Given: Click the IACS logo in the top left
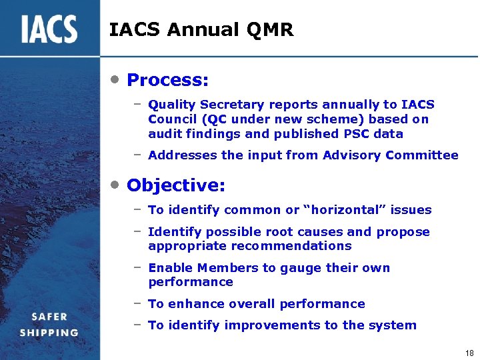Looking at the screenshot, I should point(49,29).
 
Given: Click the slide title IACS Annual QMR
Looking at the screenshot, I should point(201,30).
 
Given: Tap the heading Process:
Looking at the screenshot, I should point(167,81).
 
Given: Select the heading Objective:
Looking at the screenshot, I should point(175,185).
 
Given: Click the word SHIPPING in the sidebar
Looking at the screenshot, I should point(49,333).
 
